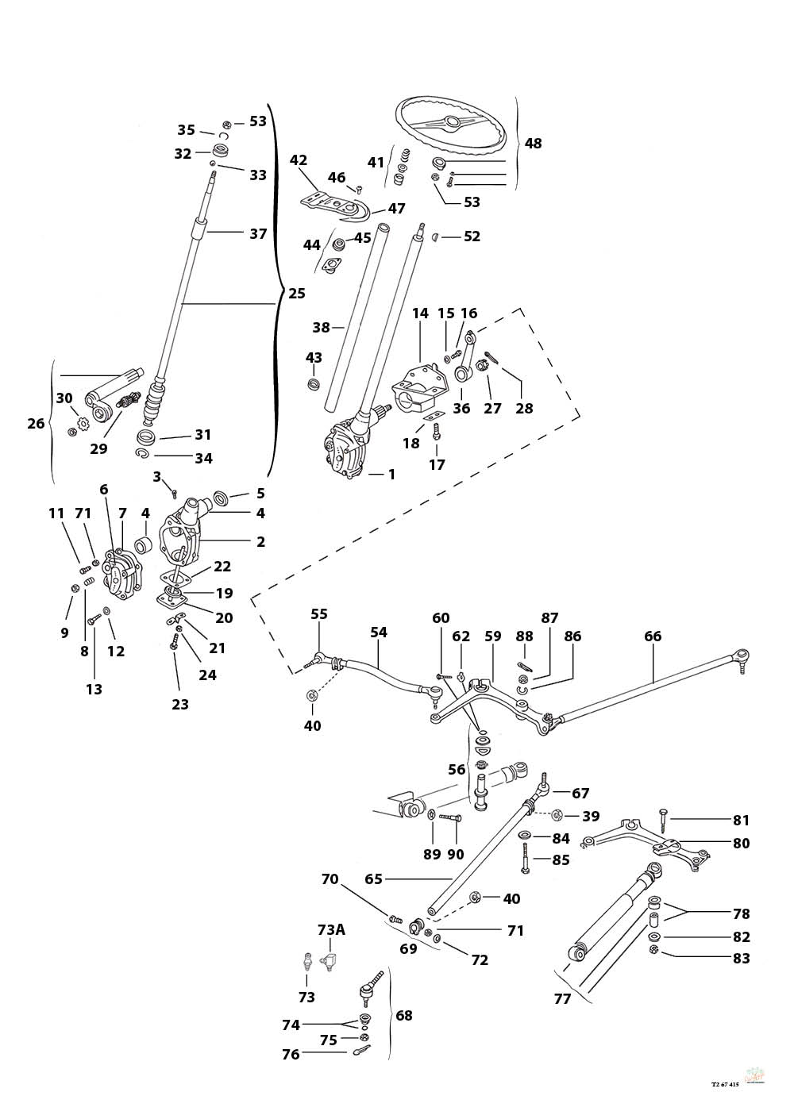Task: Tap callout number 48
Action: (x=534, y=144)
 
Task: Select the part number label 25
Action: (x=296, y=294)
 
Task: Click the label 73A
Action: (x=332, y=929)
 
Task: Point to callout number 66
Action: (x=653, y=636)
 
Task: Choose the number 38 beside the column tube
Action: (x=320, y=326)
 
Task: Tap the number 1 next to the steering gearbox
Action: (x=391, y=475)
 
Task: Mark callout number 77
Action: (x=562, y=998)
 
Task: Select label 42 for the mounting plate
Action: (x=299, y=160)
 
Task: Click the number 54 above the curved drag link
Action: (x=379, y=633)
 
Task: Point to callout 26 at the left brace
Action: (x=36, y=423)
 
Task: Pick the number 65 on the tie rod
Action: (x=373, y=879)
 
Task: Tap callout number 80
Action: (x=740, y=844)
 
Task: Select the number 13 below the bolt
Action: (x=94, y=689)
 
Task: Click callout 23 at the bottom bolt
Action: (x=180, y=703)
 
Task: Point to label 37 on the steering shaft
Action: (x=258, y=233)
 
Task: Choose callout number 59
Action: (x=493, y=636)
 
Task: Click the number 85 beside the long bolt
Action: (x=561, y=859)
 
